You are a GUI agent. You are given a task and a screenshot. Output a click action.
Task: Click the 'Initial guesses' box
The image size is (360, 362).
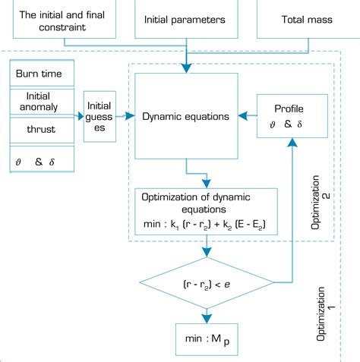click(x=100, y=117)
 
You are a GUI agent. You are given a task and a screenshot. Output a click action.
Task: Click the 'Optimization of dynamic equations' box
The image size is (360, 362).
click(x=207, y=209)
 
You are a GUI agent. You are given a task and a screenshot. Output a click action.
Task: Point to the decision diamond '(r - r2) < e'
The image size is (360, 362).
click(x=207, y=282)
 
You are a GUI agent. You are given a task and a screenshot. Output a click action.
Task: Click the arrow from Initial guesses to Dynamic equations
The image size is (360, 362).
click(x=125, y=117)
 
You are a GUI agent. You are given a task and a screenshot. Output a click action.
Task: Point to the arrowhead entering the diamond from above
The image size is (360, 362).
click(x=207, y=253)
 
